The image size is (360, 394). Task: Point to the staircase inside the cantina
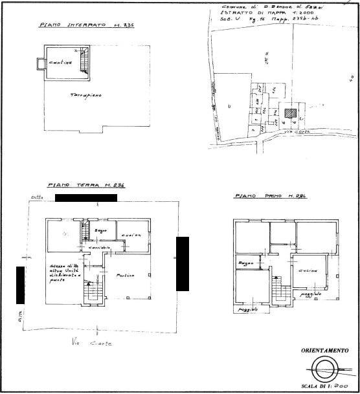tap(83, 61)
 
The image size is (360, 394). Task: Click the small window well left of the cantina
tap(39, 63)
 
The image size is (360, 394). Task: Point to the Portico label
tap(125, 276)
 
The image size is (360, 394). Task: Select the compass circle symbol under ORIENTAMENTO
tap(326, 371)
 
